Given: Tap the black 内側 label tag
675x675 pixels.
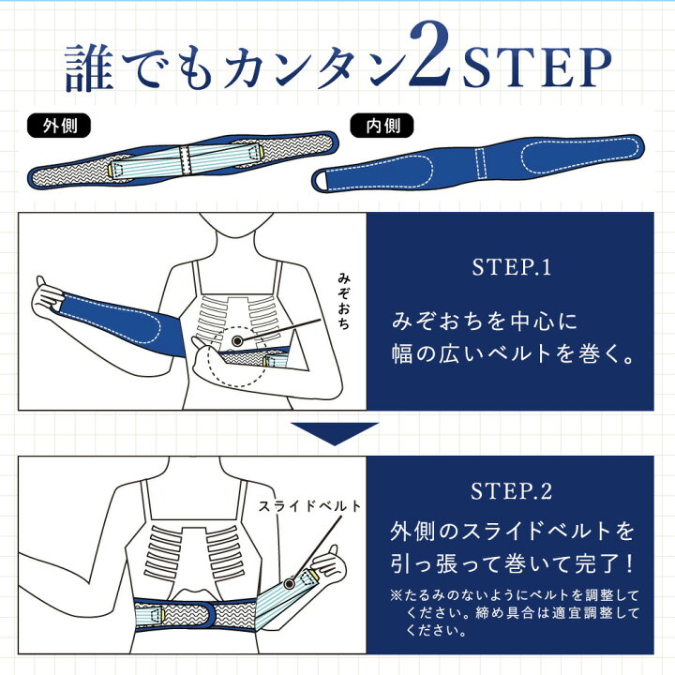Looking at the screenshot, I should [x=376, y=124].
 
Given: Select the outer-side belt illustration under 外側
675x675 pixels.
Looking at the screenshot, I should [x=183, y=160].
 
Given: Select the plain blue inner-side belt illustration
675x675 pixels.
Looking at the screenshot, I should [x=478, y=160].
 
